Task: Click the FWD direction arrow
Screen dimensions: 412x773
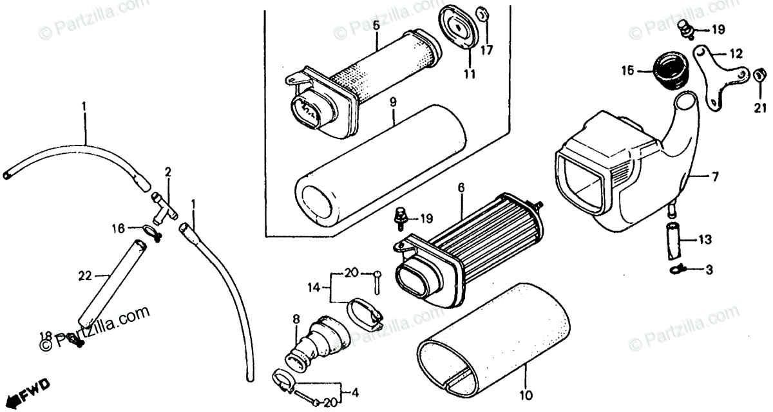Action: pyautogui.click(x=23, y=391)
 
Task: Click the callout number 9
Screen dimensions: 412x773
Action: pyautogui.click(x=392, y=101)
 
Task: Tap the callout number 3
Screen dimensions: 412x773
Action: pyautogui.click(x=709, y=270)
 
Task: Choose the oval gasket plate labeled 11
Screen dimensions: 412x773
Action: pyautogui.click(x=459, y=29)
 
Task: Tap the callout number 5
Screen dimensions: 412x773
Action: pyautogui.click(x=376, y=27)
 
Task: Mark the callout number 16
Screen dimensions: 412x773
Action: pyautogui.click(x=117, y=227)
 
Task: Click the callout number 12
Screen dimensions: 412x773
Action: pyautogui.click(x=736, y=53)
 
